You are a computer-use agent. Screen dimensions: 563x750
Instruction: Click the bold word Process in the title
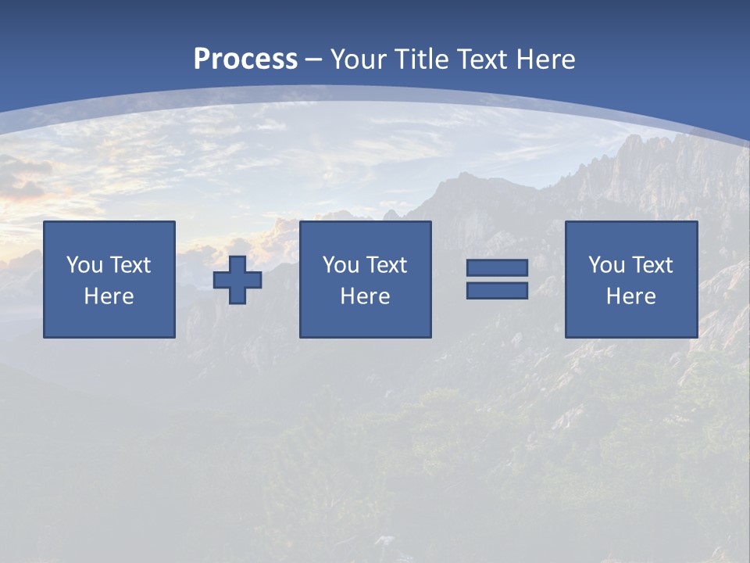pyautogui.click(x=245, y=59)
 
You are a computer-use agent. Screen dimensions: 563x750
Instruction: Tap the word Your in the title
pyautogui.click(x=355, y=59)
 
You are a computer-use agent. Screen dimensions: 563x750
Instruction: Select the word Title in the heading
pyautogui.click(x=418, y=59)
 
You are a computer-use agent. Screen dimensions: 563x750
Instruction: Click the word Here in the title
pyautogui.click(x=545, y=59)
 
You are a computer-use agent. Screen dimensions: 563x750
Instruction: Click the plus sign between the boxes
pyautogui.click(x=237, y=280)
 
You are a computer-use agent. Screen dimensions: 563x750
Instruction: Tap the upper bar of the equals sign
pyautogui.click(x=497, y=268)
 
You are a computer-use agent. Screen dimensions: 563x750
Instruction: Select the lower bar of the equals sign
pyautogui.click(x=497, y=290)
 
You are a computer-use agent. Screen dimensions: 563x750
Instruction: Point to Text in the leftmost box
pyautogui.click(x=130, y=265)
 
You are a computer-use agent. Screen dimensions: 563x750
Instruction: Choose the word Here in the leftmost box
pyautogui.click(x=109, y=296)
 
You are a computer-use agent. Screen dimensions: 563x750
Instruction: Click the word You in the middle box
pyautogui.click(x=341, y=265)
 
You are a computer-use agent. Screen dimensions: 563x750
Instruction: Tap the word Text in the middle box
pyautogui.click(x=386, y=265)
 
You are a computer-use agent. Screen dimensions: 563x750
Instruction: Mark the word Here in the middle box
pyautogui.click(x=365, y=296)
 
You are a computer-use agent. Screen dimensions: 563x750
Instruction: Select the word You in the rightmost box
pyautogui.click(x=607, y=265)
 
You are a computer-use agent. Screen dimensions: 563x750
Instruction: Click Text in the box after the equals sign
pyautogui.click(x=652, y=265)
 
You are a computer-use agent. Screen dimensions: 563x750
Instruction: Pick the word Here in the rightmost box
pyautogui.click(x=630, y=296)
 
